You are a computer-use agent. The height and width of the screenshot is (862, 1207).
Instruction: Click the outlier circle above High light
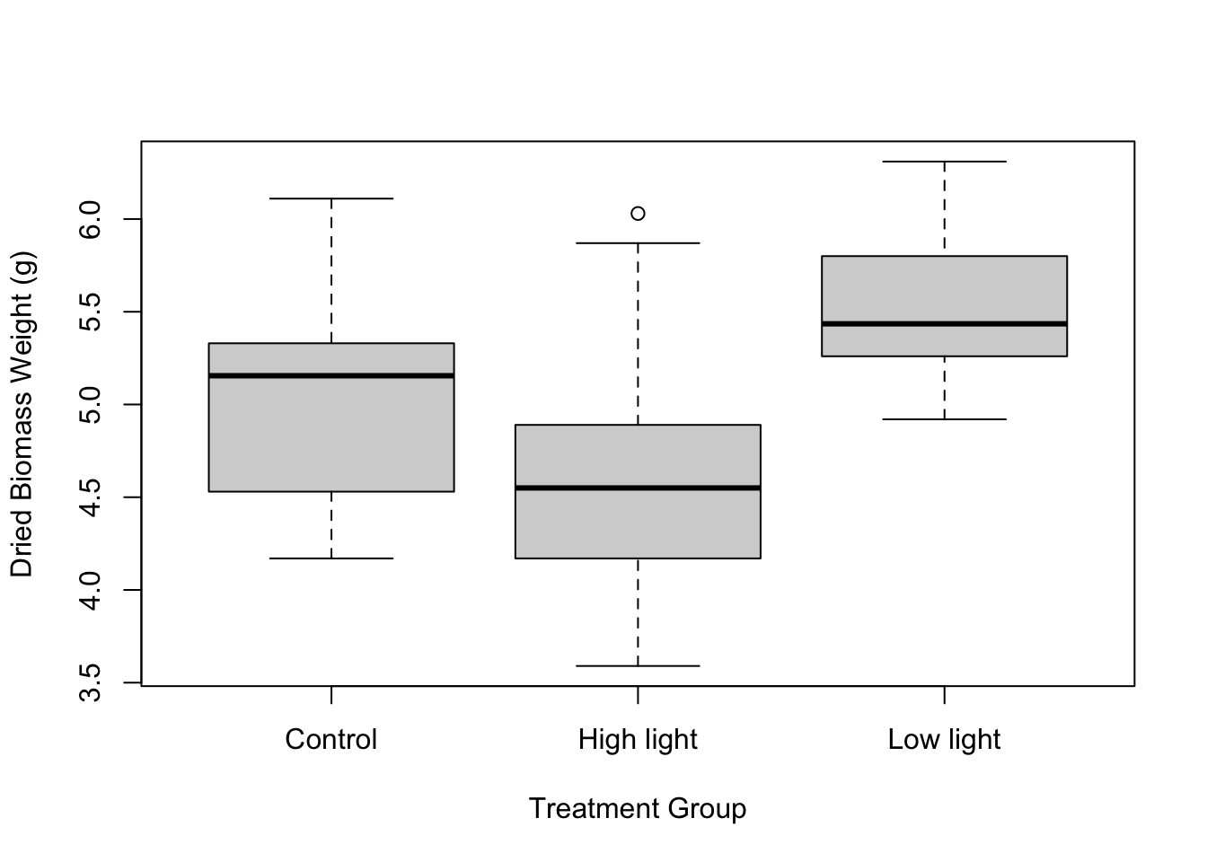638,214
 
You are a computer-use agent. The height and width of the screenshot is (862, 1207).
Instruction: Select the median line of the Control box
331,375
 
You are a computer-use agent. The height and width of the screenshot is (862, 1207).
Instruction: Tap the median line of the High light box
638,488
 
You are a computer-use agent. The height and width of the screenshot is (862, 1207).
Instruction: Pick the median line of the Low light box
944,323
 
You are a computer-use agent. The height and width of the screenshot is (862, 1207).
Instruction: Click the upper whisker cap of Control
331,198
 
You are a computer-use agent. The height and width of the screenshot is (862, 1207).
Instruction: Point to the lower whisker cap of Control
331,559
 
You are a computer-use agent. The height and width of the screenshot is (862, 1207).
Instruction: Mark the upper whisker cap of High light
638,243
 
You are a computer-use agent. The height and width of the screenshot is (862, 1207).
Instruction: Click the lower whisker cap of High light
638,666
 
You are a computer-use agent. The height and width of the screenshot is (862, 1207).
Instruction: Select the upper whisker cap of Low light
944,162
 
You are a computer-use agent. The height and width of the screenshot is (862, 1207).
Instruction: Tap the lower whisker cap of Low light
944,419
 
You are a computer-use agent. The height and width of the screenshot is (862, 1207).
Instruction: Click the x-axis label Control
331,740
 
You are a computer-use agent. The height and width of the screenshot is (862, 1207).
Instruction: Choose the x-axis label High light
638,740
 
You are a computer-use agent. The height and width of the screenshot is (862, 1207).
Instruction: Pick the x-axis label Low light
944,740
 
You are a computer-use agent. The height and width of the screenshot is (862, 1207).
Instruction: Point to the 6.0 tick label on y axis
91,219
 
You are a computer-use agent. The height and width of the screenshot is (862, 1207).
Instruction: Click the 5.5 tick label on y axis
91,312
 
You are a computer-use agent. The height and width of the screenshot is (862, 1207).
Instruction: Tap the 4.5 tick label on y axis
91,497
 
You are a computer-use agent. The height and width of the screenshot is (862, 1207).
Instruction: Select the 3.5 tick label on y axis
91,682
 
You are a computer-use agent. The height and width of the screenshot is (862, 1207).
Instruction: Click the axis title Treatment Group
638,809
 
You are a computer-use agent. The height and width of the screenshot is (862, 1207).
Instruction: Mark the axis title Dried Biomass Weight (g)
22,414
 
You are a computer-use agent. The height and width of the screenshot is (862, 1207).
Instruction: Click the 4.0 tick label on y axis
91,590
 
